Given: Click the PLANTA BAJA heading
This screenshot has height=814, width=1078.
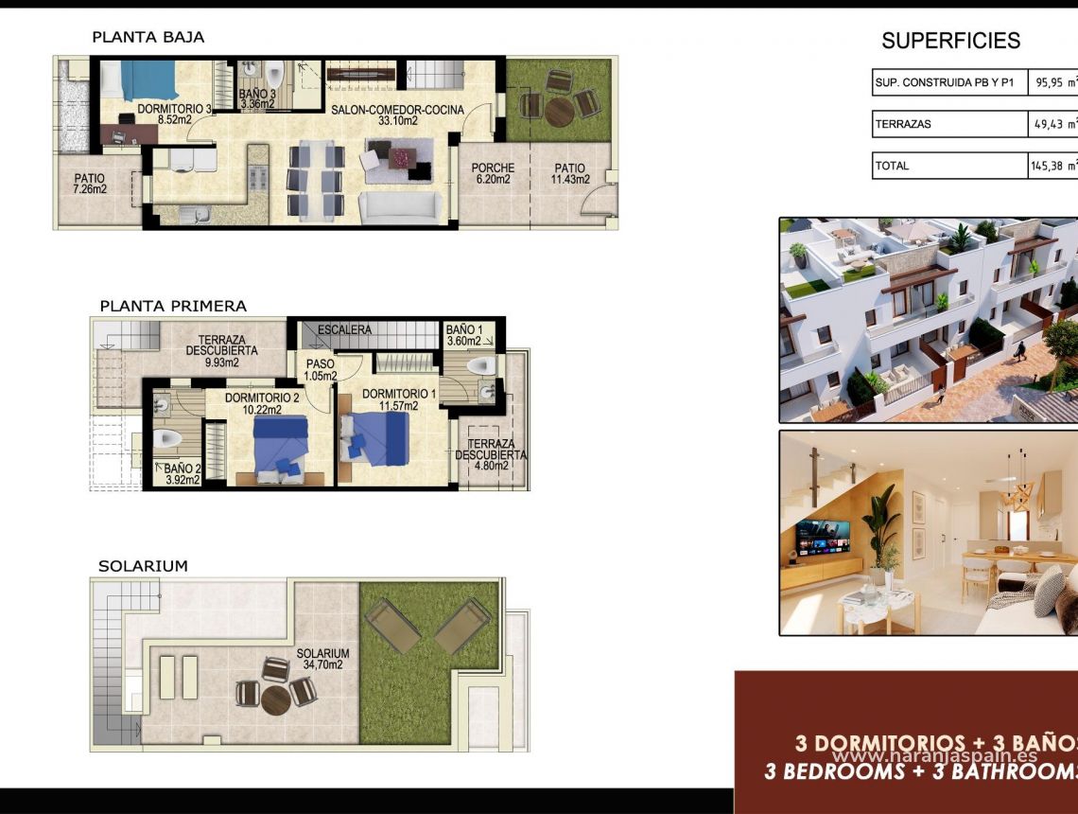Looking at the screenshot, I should click(148, 37).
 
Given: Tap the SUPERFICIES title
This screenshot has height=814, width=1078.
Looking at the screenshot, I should click(950, 41).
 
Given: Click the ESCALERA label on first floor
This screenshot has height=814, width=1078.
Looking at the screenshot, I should click(344, 329).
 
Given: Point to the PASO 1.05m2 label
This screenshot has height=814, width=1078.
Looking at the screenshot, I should click(321, 369).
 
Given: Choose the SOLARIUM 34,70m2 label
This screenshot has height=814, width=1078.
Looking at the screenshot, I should click(322, 659).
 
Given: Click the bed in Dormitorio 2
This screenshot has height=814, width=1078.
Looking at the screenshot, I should click(280, 445).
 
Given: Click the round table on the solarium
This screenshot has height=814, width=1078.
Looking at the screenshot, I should click(275, 699).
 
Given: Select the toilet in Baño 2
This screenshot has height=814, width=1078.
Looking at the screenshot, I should click(167, 439).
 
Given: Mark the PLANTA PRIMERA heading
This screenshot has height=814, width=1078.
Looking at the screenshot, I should click(173, 306).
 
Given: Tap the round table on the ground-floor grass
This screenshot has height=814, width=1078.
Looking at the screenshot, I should click(559, 111).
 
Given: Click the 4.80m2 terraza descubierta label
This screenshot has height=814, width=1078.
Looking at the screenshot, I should click(491, 454).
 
